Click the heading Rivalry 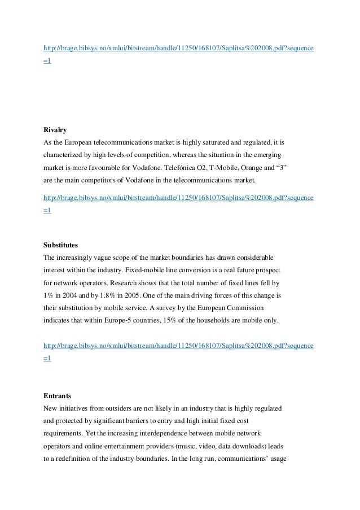(55, 130)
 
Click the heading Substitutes (60, 245)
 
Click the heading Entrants (56, 396)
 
